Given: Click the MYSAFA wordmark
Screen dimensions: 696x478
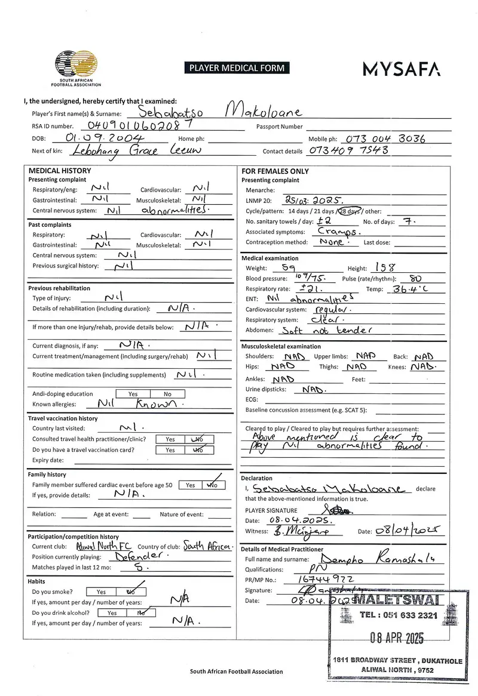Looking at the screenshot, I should (x=402, y=69).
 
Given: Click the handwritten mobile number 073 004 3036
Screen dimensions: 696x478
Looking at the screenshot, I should (x=385, y=138).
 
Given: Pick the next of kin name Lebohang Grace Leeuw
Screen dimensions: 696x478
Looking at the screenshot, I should (x=126, y=151).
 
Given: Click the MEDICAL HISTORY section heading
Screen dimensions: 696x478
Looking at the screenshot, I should (x=60, y=171).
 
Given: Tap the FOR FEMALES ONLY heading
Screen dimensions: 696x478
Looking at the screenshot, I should (x=275, y=171).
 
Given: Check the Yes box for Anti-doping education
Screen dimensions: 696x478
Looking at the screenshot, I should (x=133, y=394).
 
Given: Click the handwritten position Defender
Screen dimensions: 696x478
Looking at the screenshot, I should (x=125, y=557).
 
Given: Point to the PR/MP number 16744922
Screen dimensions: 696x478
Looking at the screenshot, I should (x=326, y=580).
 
